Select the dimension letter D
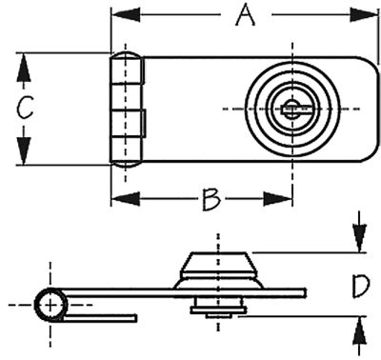tap(358, 284)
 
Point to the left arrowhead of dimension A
tap(119, 15)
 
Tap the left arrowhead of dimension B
tap(119, 199)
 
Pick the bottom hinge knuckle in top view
tap(129, 151)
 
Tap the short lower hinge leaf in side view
tap(105, 315)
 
